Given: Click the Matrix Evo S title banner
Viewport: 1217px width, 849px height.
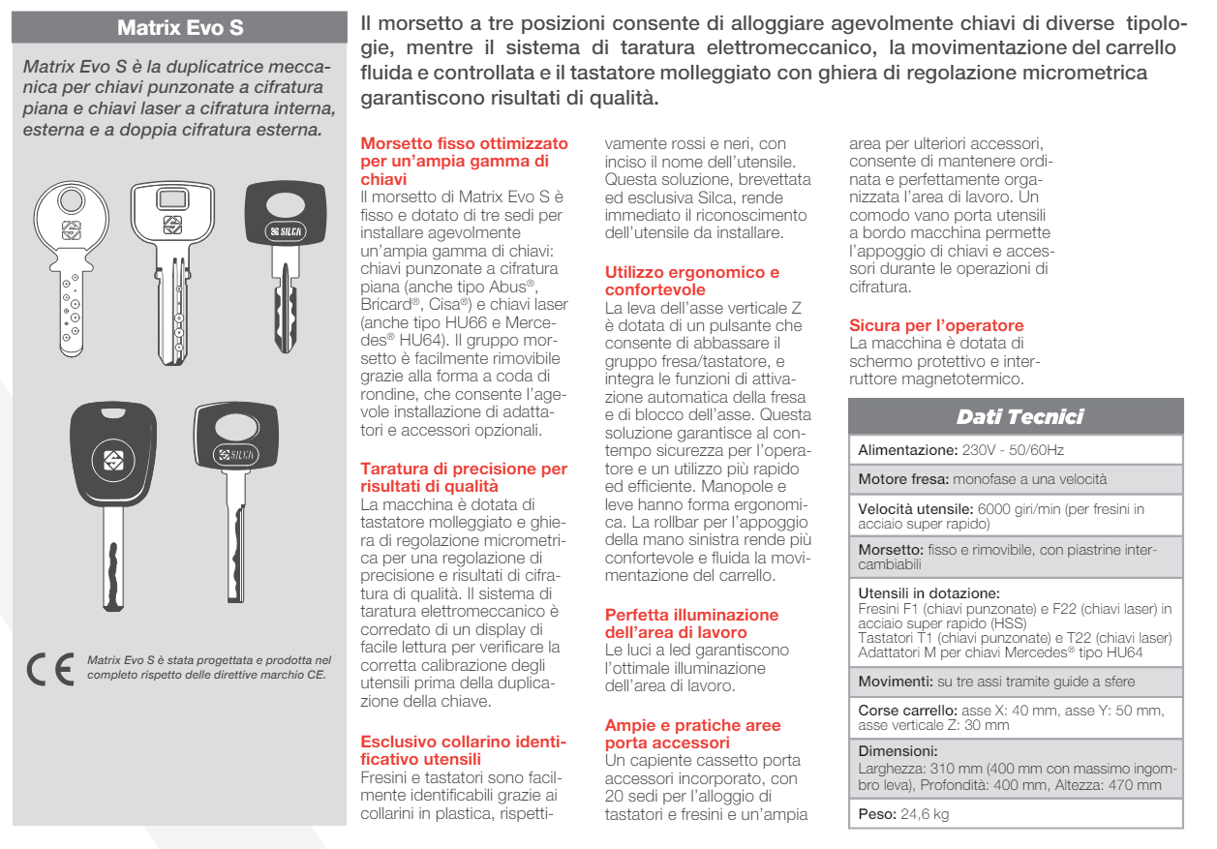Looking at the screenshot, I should click(x=180, y=27).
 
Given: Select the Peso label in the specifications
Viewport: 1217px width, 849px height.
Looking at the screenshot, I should click(x=878, y=814).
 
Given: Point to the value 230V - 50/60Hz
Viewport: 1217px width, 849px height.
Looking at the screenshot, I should click(x=1015, y=451).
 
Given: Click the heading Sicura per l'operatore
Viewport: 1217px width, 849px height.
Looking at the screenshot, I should click(x=935, y=325).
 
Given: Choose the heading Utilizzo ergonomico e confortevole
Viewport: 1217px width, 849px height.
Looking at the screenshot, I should click(x=691, y=281).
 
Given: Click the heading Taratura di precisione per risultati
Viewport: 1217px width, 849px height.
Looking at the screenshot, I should click(x=463, y=477).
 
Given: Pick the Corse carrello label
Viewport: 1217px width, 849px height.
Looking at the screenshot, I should click(x=908, y=711).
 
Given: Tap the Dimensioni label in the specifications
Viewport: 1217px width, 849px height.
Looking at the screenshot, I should click(x=898, y=750).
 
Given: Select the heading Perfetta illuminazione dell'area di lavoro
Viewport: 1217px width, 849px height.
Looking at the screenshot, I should click(x=691, y=623).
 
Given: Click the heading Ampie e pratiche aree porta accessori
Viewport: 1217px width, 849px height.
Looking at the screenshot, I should click(x=692, y=734).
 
